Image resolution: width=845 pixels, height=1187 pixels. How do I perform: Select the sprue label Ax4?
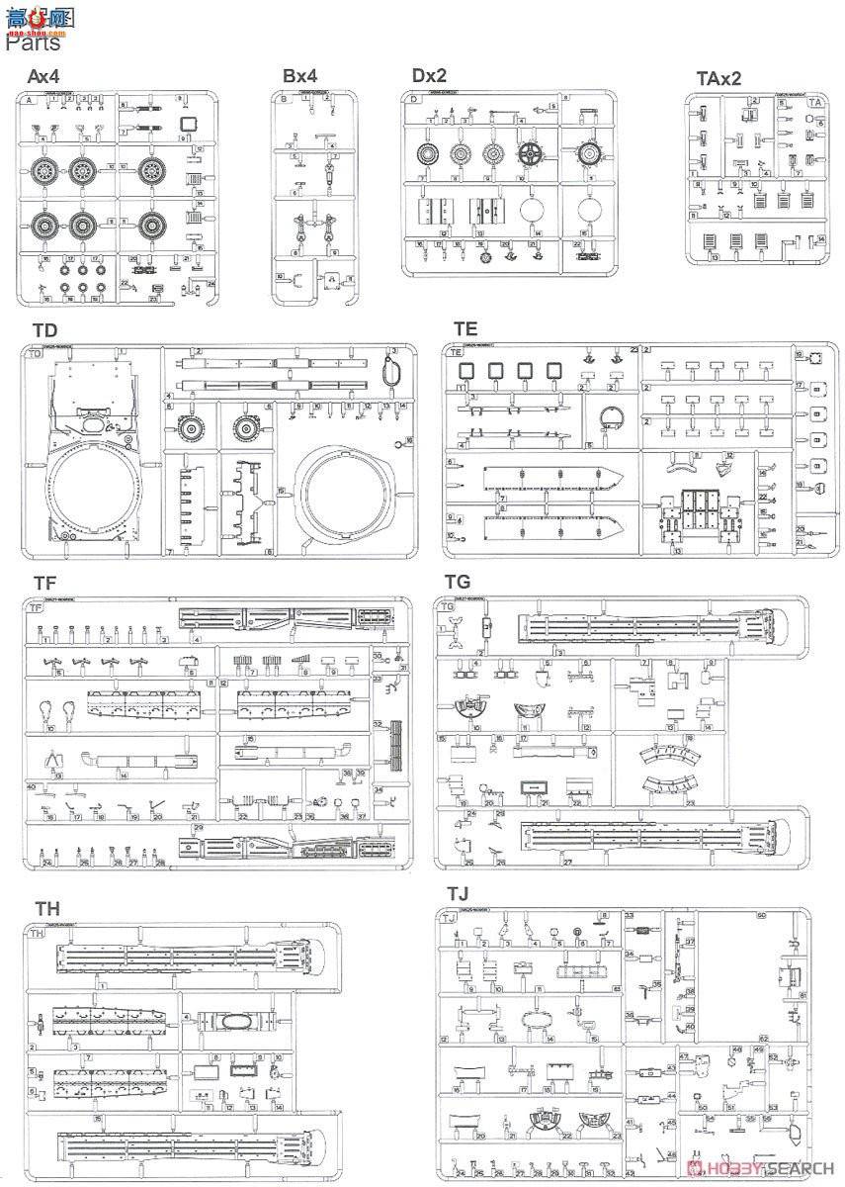point(44,76)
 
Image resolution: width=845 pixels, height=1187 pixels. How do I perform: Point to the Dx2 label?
point(430,75)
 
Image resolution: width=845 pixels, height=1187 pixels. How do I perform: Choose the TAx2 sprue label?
point(717,79)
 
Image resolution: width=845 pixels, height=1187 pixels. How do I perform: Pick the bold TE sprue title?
point(465,328)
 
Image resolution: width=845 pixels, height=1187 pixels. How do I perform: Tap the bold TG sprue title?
point(459,582)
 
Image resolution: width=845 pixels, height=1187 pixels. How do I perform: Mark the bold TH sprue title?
point(46,909)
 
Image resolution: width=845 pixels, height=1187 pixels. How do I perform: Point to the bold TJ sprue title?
point(457,894)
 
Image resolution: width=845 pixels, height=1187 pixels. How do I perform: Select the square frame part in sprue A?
point(191,125)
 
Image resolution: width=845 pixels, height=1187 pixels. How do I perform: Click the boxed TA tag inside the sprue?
point(815,102)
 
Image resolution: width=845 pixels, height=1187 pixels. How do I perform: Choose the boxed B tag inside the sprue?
point(284,100)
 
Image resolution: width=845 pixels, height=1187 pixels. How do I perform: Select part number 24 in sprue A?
point(211,284)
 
